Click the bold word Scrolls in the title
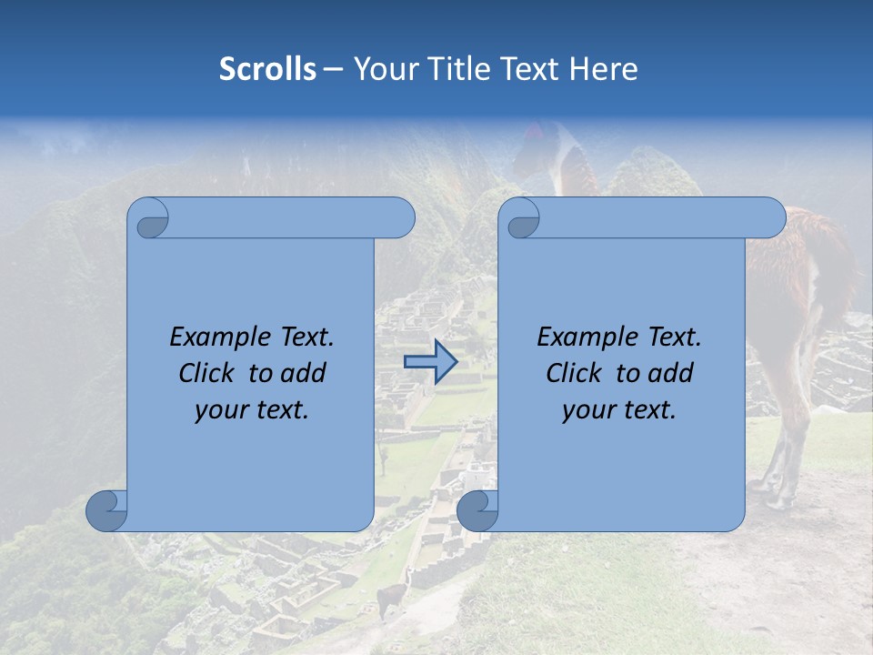(267, 69)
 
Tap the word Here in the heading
(604, 69)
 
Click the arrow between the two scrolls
(430, 362)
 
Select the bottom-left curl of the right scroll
(477, 511)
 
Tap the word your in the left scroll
(219, 410)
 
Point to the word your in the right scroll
(587, 410)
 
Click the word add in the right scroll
(673, 373)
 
